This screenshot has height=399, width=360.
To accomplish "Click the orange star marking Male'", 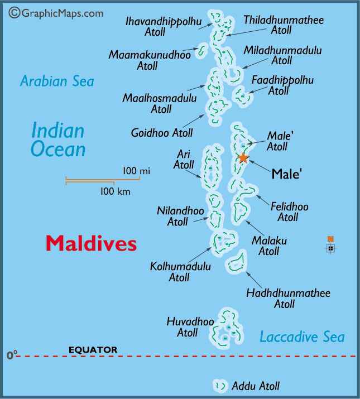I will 243,157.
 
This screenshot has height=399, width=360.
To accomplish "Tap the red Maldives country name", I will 91,243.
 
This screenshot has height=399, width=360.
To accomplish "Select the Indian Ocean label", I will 58,140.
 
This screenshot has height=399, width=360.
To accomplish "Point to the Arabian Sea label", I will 57,81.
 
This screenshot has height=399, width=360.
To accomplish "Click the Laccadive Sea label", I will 302,336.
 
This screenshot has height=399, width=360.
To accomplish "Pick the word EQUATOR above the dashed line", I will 93,350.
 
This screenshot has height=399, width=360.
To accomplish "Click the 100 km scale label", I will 114,191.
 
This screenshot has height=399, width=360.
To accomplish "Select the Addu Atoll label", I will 256,386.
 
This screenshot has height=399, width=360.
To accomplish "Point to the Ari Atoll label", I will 184,159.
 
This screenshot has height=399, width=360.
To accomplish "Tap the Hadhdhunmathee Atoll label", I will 288,299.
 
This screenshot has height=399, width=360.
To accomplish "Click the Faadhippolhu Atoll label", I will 282,85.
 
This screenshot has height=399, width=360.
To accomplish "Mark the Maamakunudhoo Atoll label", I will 150,60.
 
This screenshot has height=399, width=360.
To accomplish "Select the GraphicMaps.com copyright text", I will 56,12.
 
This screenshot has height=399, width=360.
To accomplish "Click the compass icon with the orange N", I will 331,246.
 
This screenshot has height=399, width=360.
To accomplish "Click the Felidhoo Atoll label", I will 289,212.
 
